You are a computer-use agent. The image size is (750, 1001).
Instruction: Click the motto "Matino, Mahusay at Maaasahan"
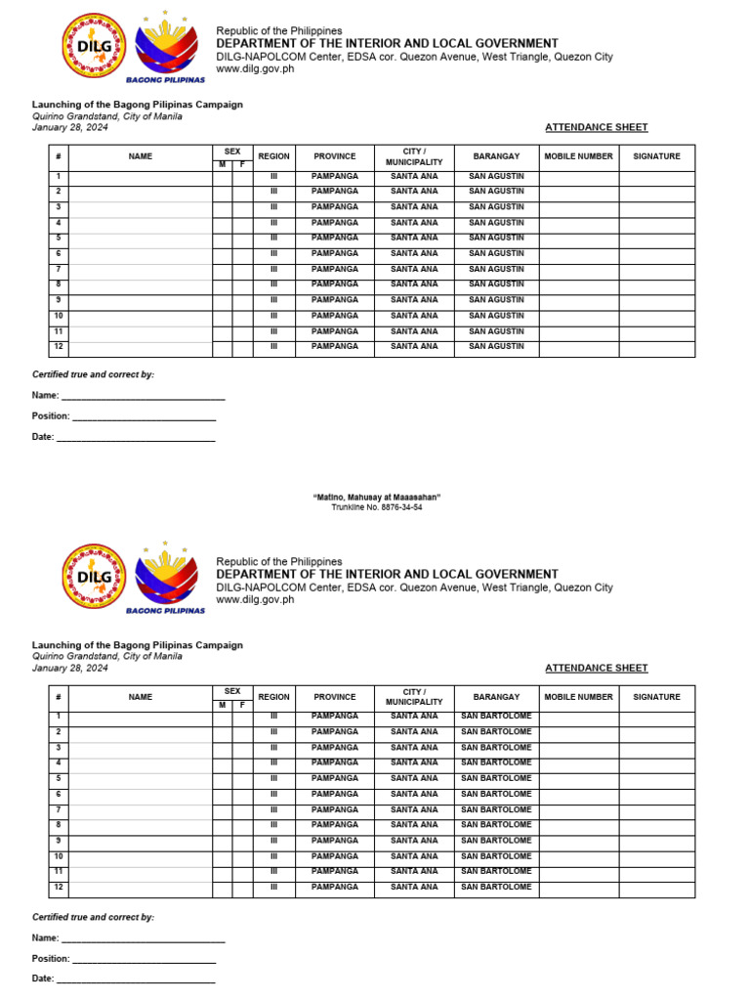click(377, 498)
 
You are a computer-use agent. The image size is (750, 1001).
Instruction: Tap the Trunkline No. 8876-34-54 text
click(377, 507)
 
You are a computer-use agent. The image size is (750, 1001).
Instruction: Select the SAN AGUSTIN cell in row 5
click(496, 238)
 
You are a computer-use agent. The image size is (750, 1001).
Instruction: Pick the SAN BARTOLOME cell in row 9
click(496, 841)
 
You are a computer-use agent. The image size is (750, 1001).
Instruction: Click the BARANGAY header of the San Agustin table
click(496, 156)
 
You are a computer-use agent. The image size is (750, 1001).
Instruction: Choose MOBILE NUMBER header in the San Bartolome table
click(578, 697)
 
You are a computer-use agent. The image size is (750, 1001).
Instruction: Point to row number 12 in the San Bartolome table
click(59, 887)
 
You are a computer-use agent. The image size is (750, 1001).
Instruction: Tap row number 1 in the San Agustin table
click(59, 176)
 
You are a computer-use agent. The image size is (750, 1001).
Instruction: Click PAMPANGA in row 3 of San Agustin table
click(334, 207)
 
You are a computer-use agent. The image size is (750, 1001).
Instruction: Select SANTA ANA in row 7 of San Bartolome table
click(414, 809)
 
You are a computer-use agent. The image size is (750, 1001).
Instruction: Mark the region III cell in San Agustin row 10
click(274, 316)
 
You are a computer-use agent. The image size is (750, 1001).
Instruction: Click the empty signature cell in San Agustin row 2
click(656, 192)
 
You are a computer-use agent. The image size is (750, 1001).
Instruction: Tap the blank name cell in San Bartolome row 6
click(141, 794)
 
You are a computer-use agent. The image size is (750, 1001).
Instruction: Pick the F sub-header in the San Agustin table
click(242, 164)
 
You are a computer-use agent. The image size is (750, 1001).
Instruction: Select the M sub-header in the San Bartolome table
click(222, 705)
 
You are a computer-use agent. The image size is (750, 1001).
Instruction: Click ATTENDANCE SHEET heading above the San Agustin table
click(596, 127)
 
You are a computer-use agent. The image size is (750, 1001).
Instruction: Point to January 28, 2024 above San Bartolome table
click(70, 669)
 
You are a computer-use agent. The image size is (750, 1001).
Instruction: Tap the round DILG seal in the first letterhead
click(94, 45)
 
